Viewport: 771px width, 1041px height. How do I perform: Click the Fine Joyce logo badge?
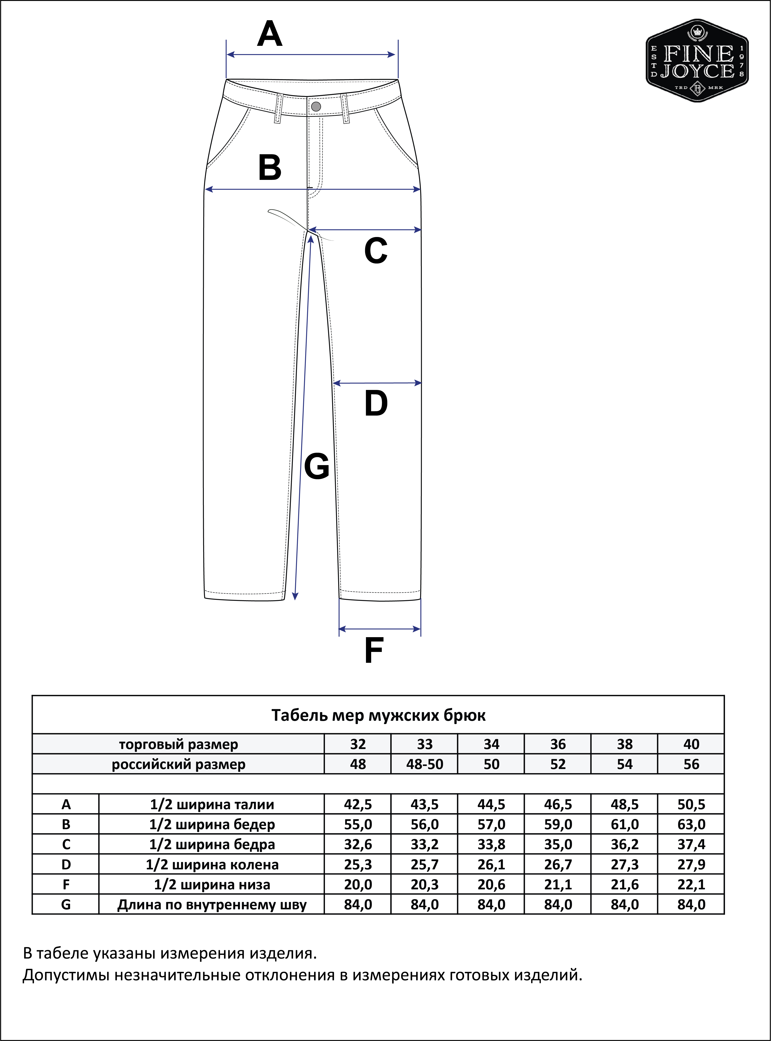[697, 61]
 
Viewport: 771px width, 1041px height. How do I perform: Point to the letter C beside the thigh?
[376, 251]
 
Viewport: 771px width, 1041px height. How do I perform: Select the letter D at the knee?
[376, 403]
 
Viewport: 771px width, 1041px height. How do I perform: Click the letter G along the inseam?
[316, 467]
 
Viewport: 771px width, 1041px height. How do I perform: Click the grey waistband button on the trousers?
[316, 106]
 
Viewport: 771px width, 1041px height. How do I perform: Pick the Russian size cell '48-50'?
[424, 764]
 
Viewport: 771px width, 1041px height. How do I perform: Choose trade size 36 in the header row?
[558, 744]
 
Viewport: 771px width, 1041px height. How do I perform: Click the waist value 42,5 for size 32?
[358, 804]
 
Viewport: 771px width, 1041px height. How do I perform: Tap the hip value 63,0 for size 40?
[691, 824]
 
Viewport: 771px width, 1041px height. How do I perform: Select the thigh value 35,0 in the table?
[558, 844]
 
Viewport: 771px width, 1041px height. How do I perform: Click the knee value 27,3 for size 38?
[624, 864]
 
